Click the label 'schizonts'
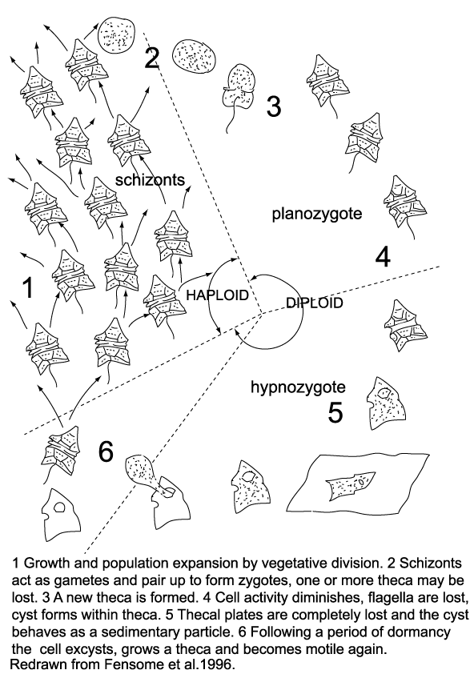(150, 179)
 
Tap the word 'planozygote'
(317, 214)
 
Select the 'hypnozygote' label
(298, 387)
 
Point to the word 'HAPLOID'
(217, 295)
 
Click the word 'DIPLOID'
(315, 303)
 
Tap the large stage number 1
(28, 287)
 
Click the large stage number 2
(151, 58)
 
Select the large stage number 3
(274, 106)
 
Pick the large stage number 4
(383, 257)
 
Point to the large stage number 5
(335, 412)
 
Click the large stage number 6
(106, 451)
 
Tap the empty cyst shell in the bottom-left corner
(61, 515)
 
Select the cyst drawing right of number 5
(386, 403)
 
